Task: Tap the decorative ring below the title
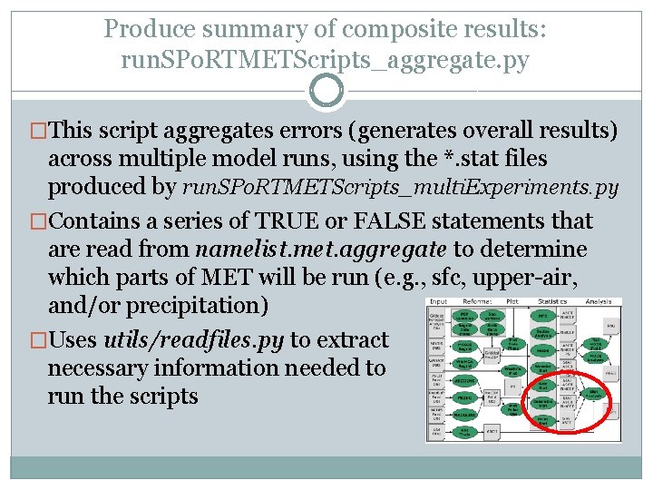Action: click(326, 91)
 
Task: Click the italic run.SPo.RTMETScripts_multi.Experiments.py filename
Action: click(401, 188)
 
